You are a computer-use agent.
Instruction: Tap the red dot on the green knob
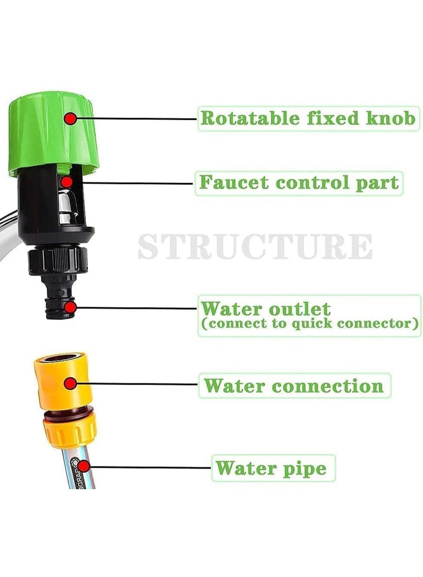[x=70, y=118]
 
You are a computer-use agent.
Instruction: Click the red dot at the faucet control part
[x=66, y=182]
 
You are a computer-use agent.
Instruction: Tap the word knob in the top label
[x=390, y=118]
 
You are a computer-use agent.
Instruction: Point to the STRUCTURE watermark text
[x=255, y=246]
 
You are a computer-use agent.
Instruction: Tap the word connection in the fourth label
[x=328, y=386]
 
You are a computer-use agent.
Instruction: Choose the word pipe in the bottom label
[x=308, y=468]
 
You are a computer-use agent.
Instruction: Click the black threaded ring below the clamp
[x=57, y=260]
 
